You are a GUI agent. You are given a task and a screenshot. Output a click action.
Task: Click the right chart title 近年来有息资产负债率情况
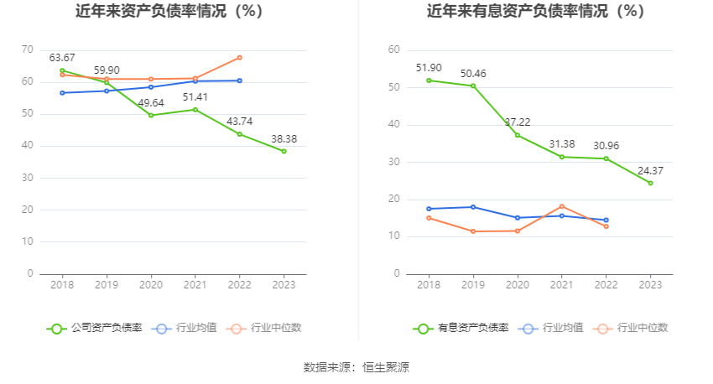click(535, 12)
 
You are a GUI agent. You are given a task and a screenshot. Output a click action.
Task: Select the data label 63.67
click(62, 58)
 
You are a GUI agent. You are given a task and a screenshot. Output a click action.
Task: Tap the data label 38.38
click(284, 139)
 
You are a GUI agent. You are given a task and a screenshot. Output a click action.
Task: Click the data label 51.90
click(429, 67)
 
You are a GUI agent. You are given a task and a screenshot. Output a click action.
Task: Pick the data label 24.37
click(650, 170)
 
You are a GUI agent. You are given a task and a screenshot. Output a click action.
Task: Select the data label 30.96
click(606, 145)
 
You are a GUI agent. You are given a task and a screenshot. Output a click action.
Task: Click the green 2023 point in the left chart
click(284, 151)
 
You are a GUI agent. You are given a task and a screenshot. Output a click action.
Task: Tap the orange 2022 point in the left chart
click(239, 57)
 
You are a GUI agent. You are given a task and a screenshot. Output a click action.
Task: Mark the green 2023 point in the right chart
click(650, 183)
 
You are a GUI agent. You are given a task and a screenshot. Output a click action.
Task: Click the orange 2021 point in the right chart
click(561, 206)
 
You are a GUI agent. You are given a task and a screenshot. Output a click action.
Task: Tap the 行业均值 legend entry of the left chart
click(184, 328)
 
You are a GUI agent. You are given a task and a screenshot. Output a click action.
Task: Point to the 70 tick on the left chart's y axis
click(28, 50)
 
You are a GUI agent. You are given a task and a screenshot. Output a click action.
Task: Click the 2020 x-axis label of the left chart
click(151, 284)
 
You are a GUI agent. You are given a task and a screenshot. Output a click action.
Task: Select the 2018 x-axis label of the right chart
click(429, 284)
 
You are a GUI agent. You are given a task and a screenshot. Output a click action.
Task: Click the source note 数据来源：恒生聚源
click(356, 367)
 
